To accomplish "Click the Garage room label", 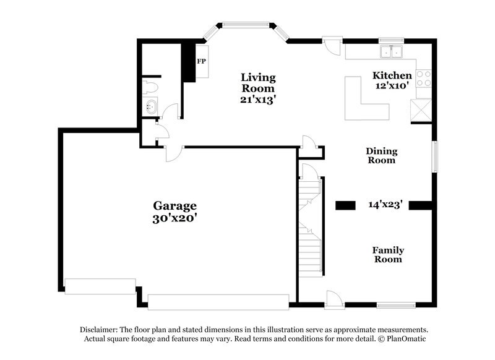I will tap(175, 205).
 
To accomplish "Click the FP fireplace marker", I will tap(202, 62).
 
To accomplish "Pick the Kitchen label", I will tap(392, 75).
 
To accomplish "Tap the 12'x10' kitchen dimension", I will tap(392, 87).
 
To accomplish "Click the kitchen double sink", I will tap(391, 53).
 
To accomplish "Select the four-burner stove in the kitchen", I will tap(424, 78).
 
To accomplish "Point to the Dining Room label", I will tap(381, 155).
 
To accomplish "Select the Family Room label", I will tap(388, 254).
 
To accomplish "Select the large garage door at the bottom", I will tap(218, 302).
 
